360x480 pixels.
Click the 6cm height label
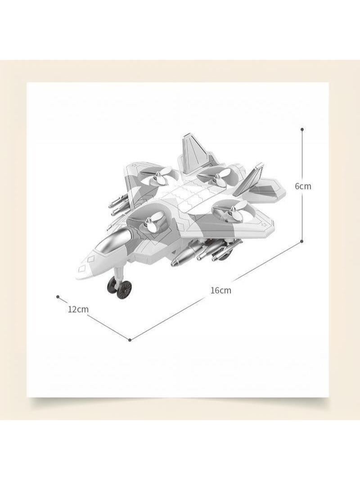(303, 186)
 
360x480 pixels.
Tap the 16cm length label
(220, 290)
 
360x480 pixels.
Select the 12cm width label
(78, 309)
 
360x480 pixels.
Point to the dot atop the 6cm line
(302, 129)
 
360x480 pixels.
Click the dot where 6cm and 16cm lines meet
(302, 241)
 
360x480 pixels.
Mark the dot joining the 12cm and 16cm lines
(130, 340)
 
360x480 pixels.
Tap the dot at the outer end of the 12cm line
(58, 296)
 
